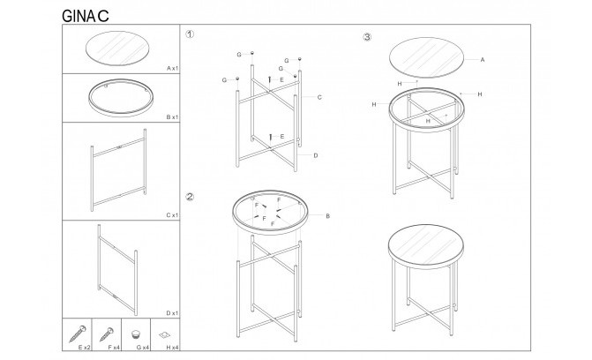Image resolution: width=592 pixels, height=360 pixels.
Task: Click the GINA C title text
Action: pos(86,16)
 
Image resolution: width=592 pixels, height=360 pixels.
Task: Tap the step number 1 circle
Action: pos(190,34)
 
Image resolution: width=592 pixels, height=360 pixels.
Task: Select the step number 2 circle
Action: pos(190,197)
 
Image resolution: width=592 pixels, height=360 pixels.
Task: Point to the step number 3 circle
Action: pos(367,37)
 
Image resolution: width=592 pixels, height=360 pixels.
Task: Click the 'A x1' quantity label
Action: pos(173,68)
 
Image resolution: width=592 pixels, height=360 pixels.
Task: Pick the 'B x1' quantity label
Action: pos(172,117)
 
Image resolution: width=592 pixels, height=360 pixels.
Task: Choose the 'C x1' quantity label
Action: pos(172,215)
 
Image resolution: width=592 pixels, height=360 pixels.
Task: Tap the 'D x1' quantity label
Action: pos(172,313)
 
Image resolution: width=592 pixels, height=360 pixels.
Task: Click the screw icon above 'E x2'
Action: pos(78,334)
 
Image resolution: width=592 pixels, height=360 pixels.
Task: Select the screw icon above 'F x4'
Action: pos(107,334)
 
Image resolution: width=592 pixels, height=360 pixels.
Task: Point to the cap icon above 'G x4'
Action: pos(136,334)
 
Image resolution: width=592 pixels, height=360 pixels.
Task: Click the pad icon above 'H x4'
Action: pos(165,334)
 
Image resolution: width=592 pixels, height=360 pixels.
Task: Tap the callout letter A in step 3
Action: pos(482,60)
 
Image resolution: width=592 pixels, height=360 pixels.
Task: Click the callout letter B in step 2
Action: pos(327,216)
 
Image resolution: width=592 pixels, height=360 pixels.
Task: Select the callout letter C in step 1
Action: pos(319,97)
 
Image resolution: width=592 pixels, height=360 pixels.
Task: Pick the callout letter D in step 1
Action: pos(316,155)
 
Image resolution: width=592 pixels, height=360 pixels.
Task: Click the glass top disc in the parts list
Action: pos(117,49)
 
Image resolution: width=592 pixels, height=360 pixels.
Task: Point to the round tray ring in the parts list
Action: pos(121,112)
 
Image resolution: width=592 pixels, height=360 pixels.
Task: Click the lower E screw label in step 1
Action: pos(282,137)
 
